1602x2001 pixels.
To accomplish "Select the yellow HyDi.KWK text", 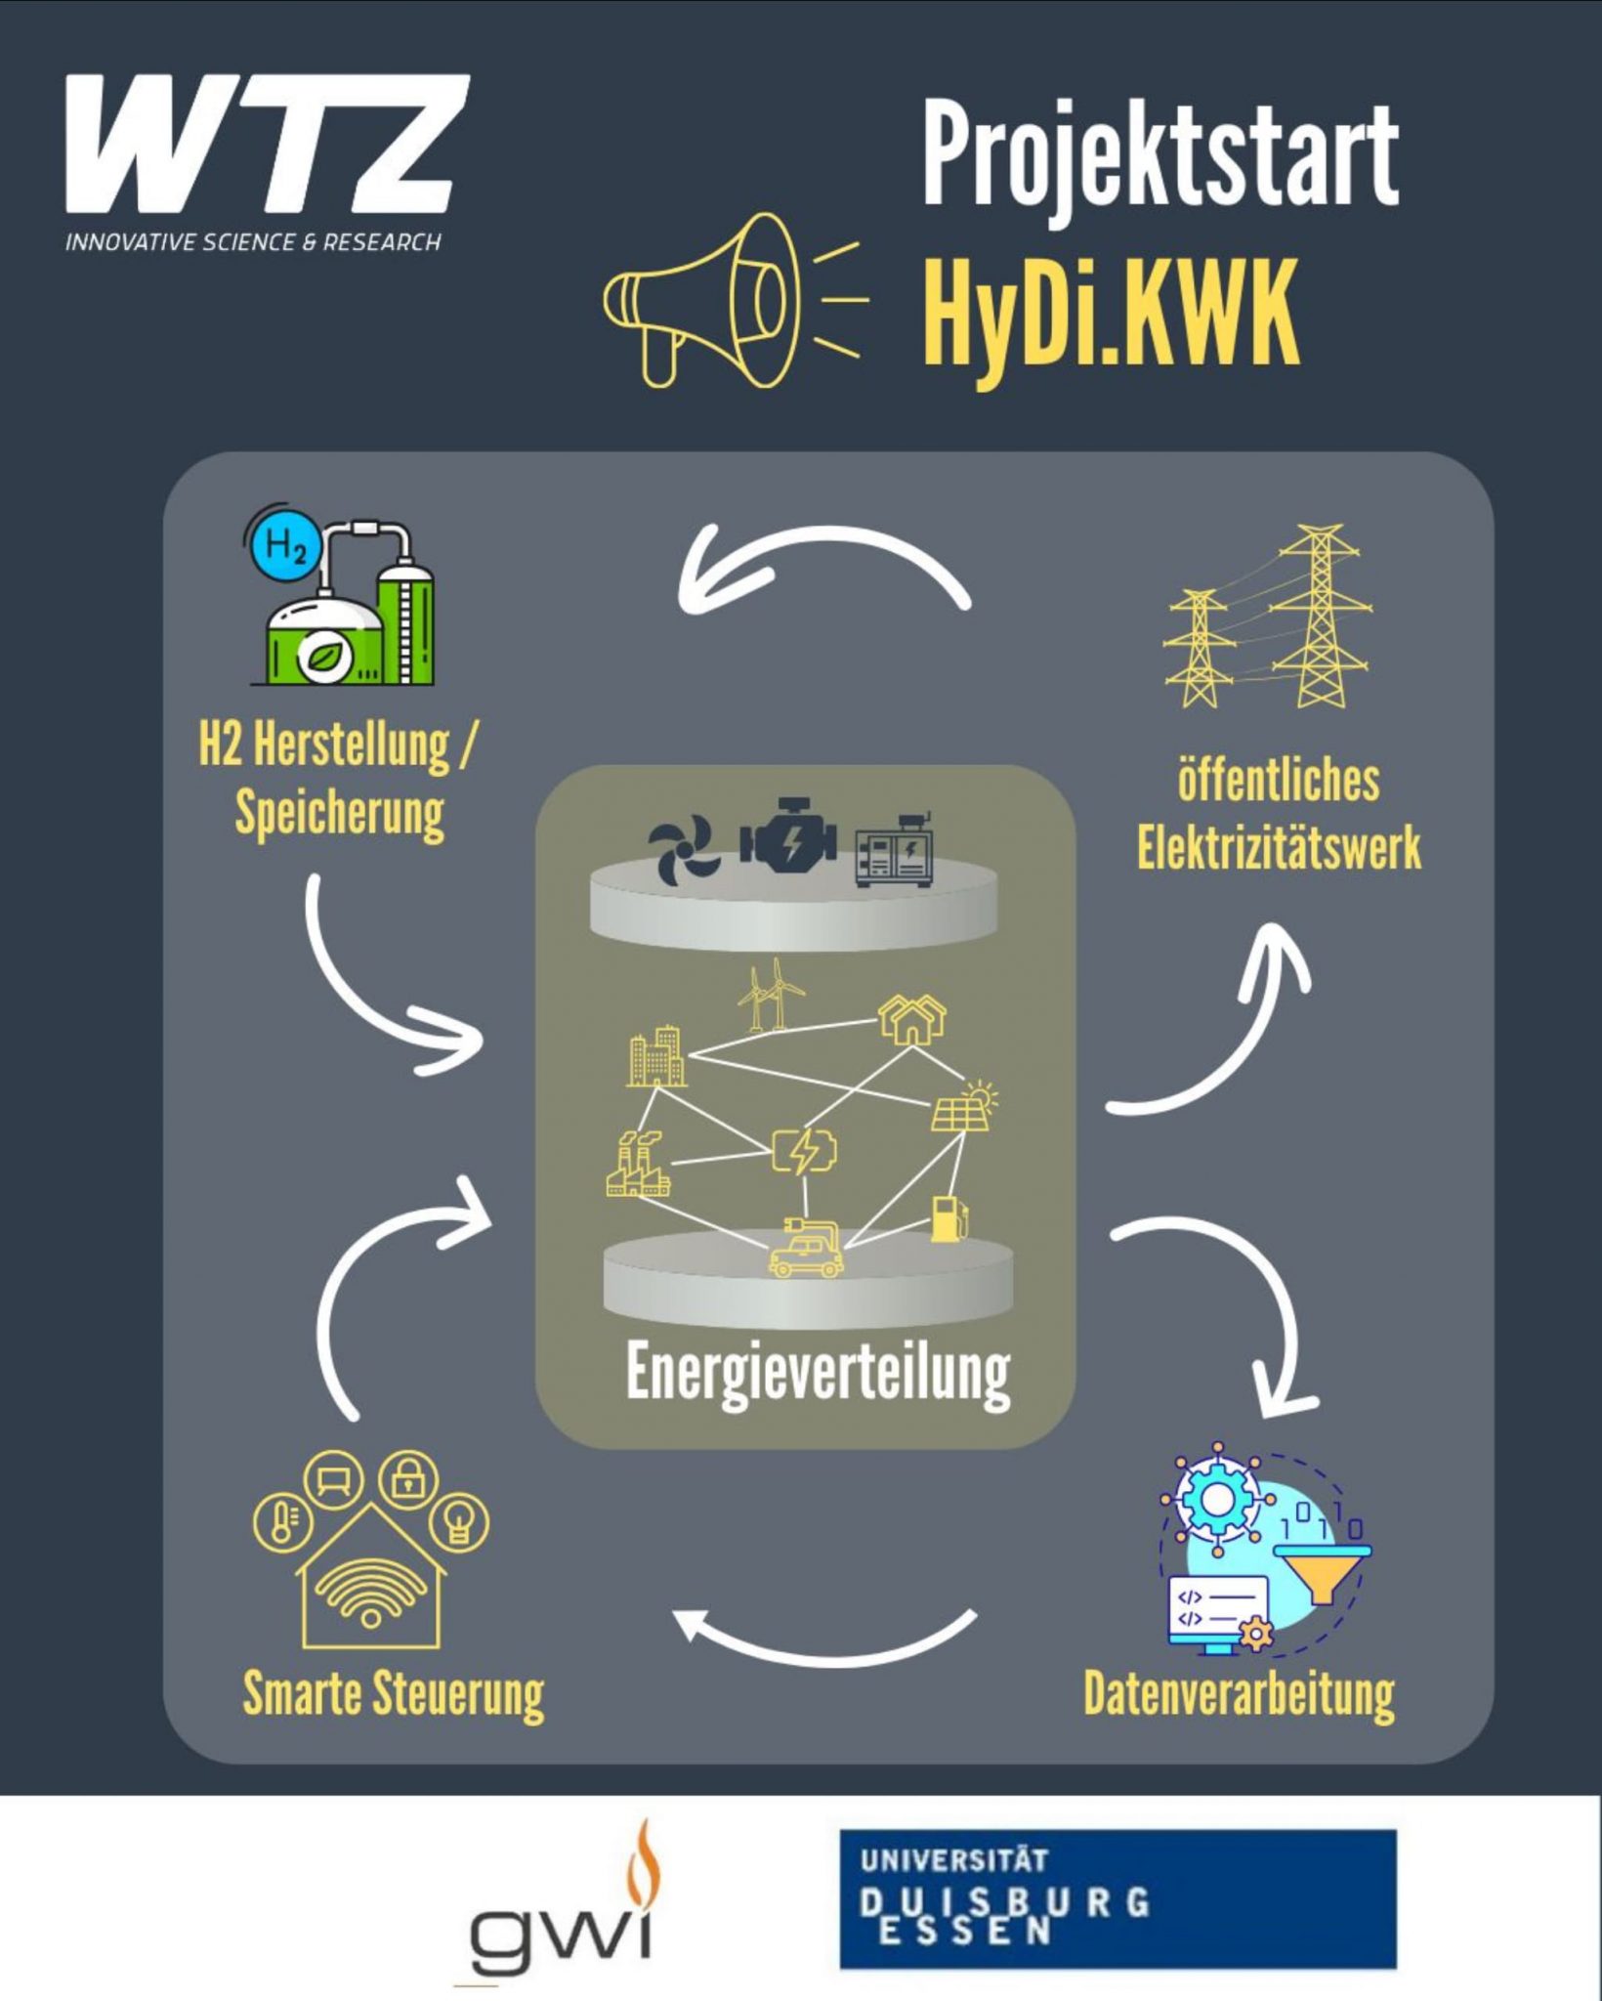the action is coord(1112,313).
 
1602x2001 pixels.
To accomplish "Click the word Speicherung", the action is coord(339,815).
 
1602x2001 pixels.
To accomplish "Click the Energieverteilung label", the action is coord(818,1373).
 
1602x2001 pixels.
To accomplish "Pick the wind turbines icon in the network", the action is coord(771,994).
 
